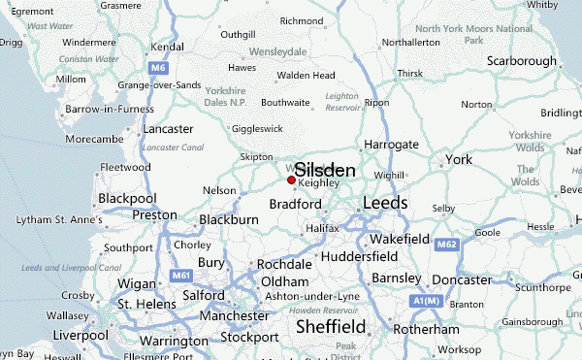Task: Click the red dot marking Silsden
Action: pyautogui.click(x=291, y=180)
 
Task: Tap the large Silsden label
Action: pyautogui.click(x=324, y=170)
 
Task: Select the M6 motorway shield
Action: pyautogui.click(x=159, y=68)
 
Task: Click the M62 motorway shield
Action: pyautogui.click(x=447, y=245)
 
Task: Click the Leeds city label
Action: pyautogui.click(x=385, y=203)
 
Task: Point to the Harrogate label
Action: pyautogui.click(x=390, y=145)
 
